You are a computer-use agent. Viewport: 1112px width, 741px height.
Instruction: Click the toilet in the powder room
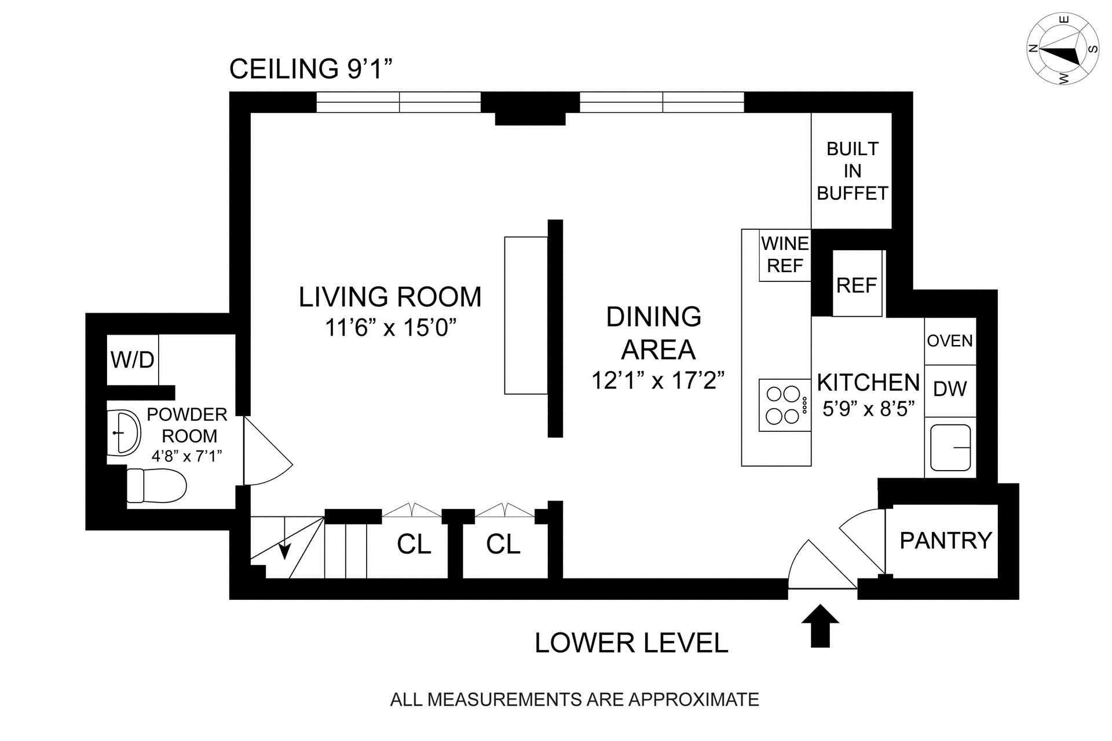156,485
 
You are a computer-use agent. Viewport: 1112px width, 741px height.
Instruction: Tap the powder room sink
124,432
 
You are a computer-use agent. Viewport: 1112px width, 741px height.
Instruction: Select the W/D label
133,360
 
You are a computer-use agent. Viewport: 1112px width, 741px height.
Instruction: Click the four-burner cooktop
785,405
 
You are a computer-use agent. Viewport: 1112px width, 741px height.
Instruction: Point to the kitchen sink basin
950,447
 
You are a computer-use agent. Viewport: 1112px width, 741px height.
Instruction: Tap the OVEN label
950,341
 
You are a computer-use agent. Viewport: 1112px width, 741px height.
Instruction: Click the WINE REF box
785,255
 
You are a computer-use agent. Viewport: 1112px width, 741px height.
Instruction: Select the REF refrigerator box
857,283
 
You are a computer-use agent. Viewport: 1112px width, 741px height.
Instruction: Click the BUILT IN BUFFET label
853,171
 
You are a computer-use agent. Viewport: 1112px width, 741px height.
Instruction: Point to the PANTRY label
946,541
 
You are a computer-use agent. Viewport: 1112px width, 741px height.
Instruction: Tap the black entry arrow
820,626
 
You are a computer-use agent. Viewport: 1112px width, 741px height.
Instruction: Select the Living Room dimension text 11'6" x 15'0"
391,328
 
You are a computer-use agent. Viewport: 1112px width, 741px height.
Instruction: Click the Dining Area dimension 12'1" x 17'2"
658,381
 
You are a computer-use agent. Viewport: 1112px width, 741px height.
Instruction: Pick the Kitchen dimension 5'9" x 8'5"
869,409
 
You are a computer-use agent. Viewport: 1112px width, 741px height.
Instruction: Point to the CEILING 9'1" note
311,69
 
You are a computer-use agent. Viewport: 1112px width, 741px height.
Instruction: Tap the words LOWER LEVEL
631,643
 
